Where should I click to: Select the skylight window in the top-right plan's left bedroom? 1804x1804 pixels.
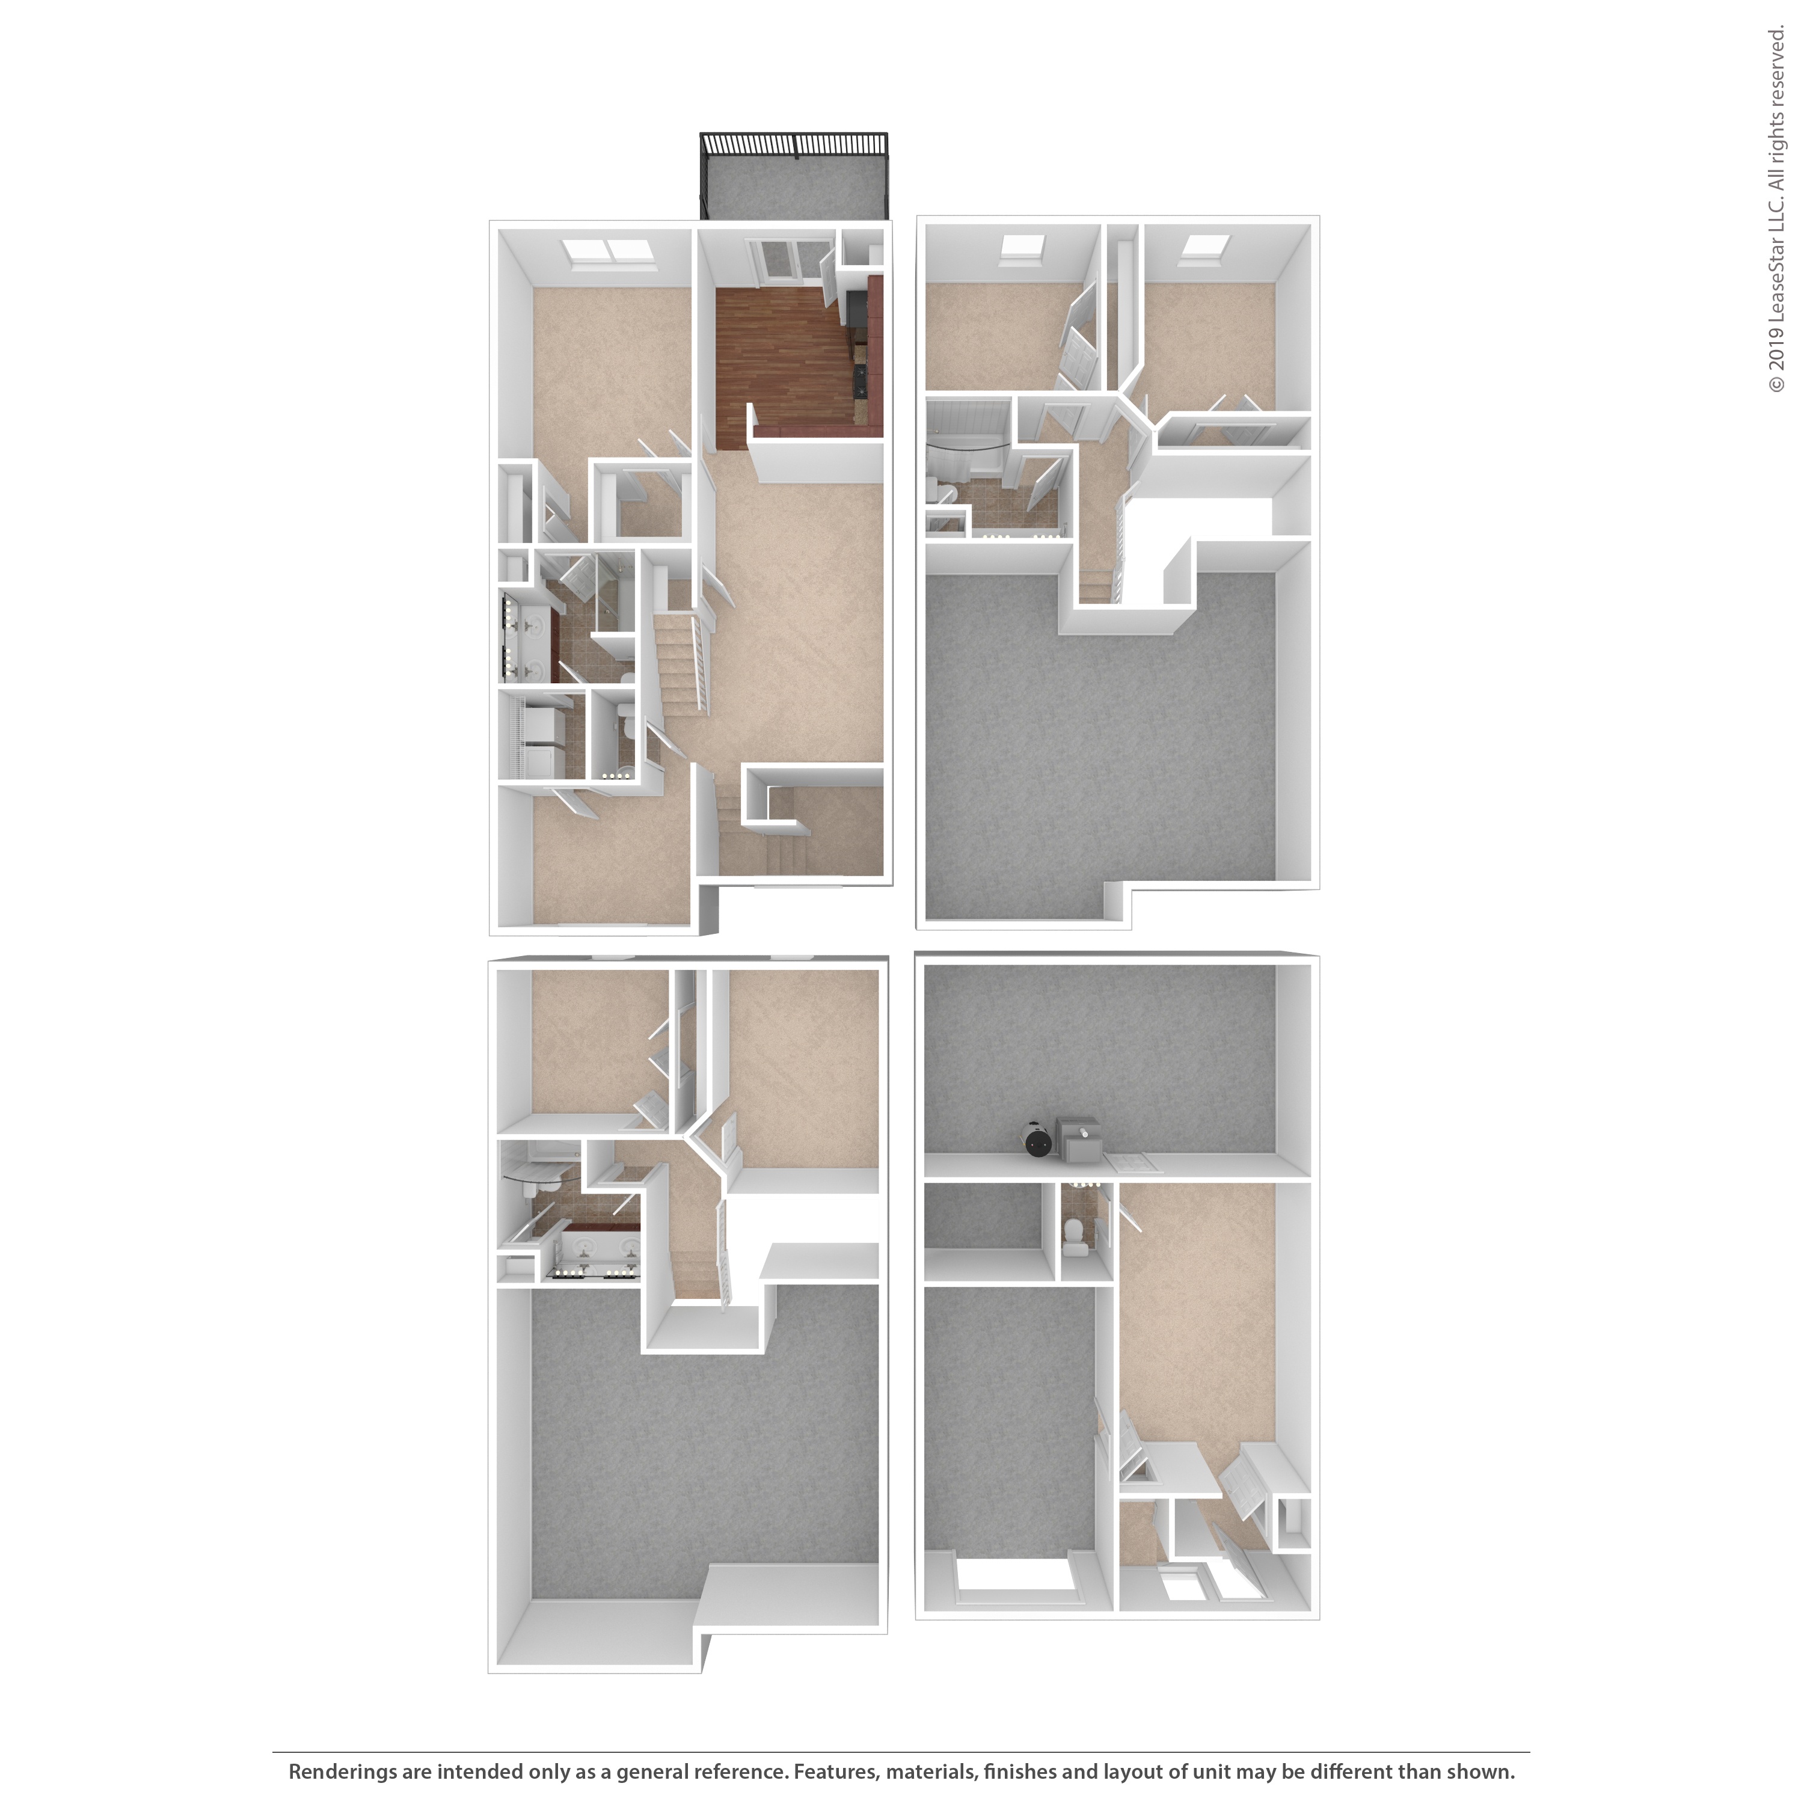coord(1022,247)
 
